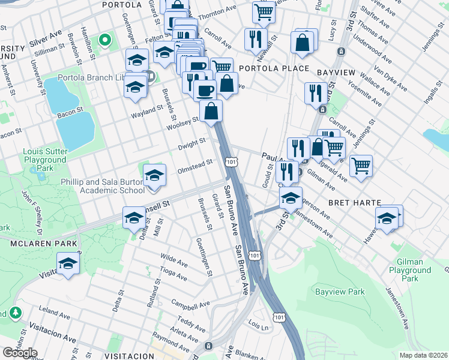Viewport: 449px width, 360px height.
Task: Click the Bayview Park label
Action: (340, 292)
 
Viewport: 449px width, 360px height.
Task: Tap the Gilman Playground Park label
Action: (410, 270)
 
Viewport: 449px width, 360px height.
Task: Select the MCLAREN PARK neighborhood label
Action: (43, 244)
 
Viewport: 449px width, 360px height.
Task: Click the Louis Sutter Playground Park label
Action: (45, 156)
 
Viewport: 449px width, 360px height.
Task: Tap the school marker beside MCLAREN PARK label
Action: (68, 263)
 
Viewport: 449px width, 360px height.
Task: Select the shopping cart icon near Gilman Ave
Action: (361, 166)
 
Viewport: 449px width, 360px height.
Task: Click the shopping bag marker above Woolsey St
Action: (211, 111)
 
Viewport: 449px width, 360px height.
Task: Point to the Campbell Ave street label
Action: (190, 303)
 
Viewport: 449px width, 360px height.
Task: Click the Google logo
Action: (20, 353)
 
